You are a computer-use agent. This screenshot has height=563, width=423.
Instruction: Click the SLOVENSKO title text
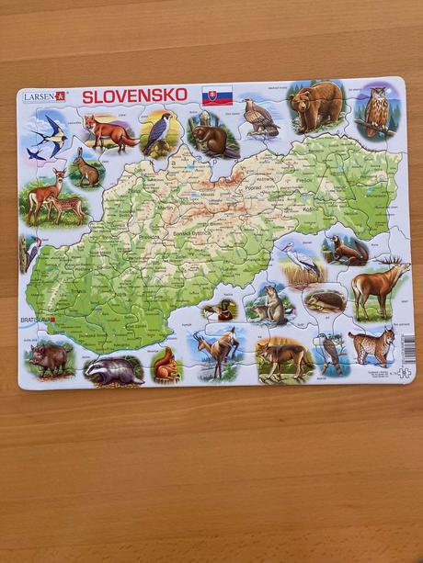[x=134, y=95]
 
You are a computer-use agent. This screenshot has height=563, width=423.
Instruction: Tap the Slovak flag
[x=218, y=96]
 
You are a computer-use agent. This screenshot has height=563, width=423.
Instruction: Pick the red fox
[x=109, y=130]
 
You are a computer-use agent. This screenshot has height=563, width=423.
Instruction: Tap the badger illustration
[x=114, y=369]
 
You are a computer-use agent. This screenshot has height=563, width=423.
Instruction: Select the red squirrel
[x=166, y=365]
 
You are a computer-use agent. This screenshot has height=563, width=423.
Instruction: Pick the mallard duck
[x=221, y=310]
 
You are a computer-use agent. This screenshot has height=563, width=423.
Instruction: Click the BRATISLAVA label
[x=35, y=321]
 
